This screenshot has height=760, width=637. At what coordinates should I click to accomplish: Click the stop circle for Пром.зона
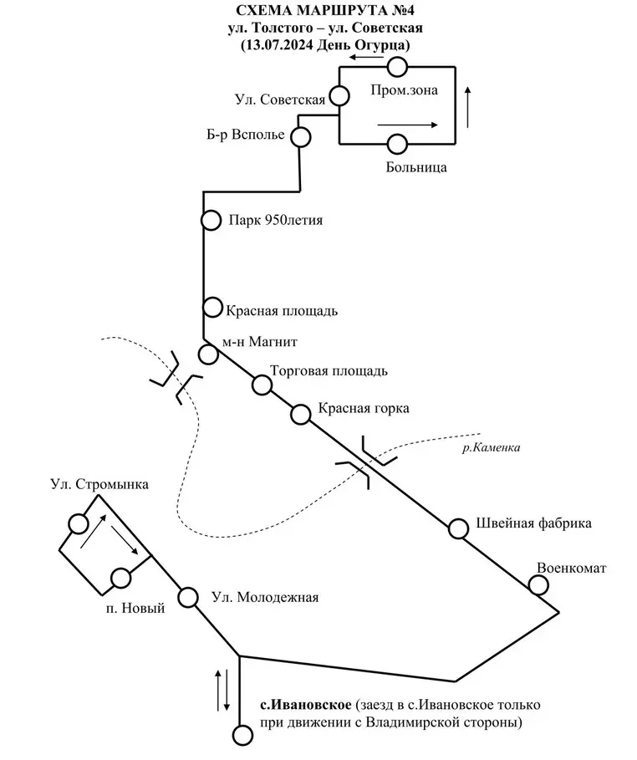tap(398, 66)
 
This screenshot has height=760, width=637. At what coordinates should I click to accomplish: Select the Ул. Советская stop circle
tap(339, 94)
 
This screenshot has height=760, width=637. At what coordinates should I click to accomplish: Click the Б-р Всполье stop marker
tap(300, 136)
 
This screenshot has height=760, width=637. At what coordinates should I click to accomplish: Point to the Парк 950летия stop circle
tap(211, 220)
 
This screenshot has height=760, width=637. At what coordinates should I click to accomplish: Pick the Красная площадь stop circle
tap(212, 306)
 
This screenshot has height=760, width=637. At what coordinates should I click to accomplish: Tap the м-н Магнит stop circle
tap(208, 354)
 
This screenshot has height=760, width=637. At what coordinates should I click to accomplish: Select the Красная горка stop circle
tap(301, 413)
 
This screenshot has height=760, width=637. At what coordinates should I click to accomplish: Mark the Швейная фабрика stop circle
tap(458, 528)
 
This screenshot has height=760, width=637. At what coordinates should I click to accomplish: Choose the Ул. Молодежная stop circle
tap(189, 598)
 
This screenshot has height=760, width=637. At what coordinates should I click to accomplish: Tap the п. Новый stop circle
tap(120, 578)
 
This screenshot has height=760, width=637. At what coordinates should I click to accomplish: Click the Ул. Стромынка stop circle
tap(79, 524)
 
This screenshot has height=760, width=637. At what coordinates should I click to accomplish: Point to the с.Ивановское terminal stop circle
tap(242, 736)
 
